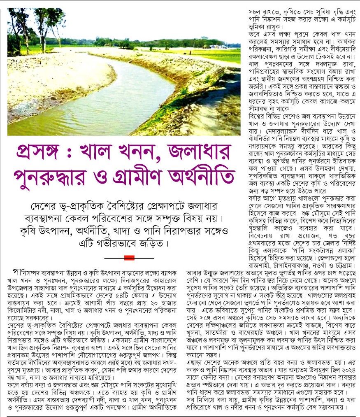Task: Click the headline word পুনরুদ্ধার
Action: point(56,177)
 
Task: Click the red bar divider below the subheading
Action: point(129,258)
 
